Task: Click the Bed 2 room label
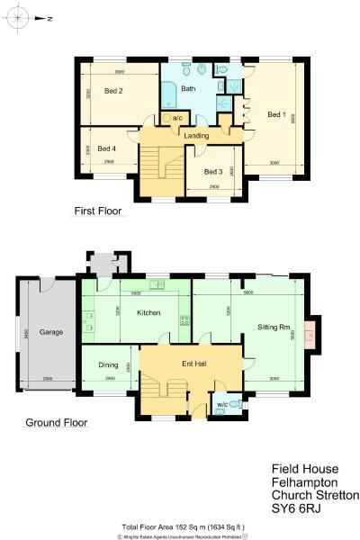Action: coord(112,91)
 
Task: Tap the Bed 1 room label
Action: coord(276,114)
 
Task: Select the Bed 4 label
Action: coord(107,148)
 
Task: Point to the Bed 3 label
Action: coord(212,171)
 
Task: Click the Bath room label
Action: coord(188,89)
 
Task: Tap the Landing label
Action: coord(196,136)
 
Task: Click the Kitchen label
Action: coord(148,312)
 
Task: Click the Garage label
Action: coord(50,332)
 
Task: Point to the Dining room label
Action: coord(108,364)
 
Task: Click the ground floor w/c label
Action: coord(222,404)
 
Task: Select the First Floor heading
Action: coord(97,211)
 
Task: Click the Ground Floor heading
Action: coord(55,422)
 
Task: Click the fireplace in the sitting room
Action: coord(310,336)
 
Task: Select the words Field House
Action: coord(304,469)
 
